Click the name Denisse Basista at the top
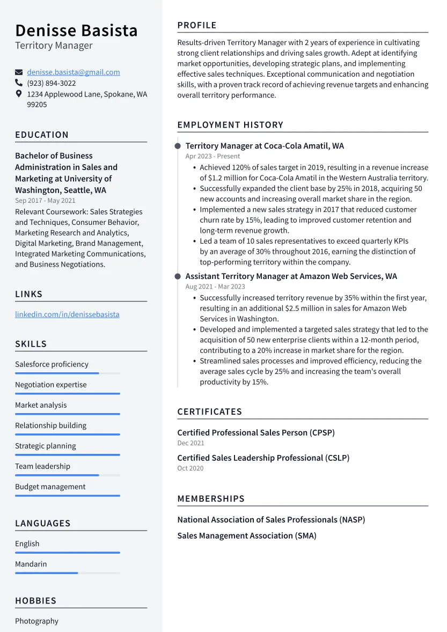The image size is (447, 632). coord(76,31)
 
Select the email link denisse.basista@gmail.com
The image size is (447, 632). coord(74,72)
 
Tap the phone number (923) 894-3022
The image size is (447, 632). coord(52,83)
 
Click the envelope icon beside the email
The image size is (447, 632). coord(19,72)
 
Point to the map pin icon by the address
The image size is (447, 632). coord(19,94)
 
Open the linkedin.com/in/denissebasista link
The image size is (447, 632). coord(67,314)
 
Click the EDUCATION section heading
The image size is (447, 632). coord(42,135)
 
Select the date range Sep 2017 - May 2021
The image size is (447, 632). coord(45,201)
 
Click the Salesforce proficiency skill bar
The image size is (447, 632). coord(67,373)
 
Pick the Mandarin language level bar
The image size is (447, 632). coord(67,573)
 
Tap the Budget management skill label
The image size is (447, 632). coord(50,487)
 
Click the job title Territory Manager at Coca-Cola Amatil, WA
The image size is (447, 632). coord(265,146)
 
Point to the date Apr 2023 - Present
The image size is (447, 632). coord(212,156)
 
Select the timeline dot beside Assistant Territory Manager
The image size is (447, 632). coord(178,276)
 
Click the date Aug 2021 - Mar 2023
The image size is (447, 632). coord(215,286)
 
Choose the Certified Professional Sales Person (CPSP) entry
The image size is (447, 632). coord(256,432)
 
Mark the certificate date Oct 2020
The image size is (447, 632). coord(190,468)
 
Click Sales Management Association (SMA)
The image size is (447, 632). coord(247,535)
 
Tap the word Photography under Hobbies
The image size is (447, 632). coord(36,621)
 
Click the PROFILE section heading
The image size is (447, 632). coord(197,25)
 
